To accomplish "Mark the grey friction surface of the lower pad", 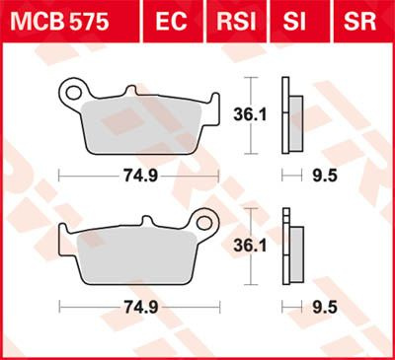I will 138,252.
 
